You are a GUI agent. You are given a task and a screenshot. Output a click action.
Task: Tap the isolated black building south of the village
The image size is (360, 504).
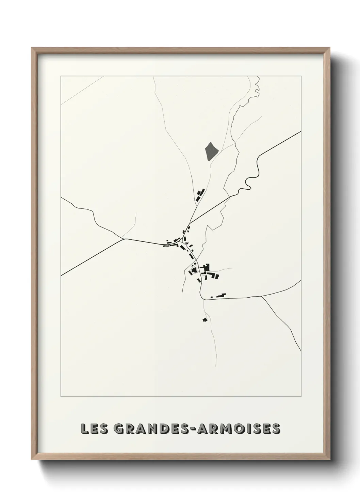click(204, 319)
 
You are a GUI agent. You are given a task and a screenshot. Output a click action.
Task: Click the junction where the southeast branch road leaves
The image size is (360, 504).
click(261, 297)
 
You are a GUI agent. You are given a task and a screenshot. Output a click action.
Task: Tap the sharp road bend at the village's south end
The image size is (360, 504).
click(203, 299)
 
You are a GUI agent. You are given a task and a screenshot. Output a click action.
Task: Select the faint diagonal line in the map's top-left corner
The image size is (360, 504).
click(82, 90)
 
